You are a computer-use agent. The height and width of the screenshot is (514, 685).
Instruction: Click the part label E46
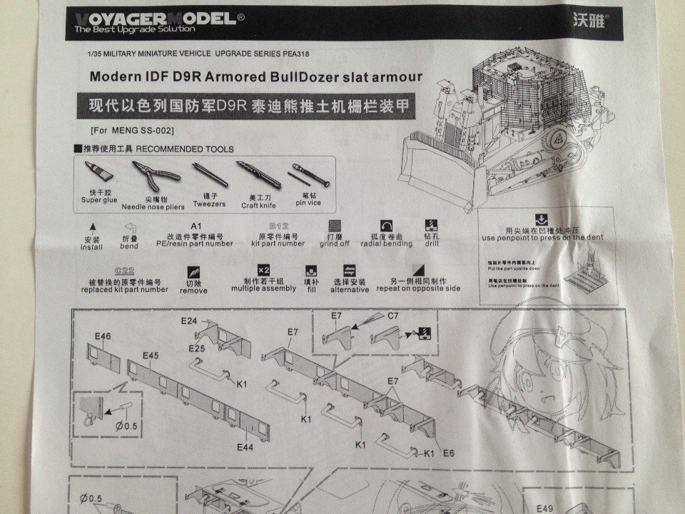(103, 335)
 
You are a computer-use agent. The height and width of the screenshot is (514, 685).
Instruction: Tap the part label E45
(150, 355)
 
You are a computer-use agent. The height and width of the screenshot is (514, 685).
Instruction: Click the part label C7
(394, 315)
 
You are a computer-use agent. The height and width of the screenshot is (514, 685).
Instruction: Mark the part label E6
(449, 453)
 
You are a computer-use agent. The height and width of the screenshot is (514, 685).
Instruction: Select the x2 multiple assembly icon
(263, 271)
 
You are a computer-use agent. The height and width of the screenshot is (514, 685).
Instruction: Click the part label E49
(545, 509)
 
